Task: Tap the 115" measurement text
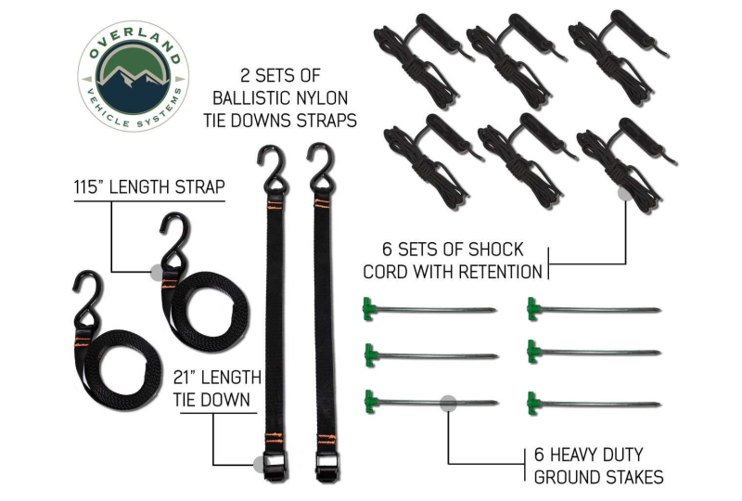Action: point(88,187)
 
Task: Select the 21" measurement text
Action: point(184,378)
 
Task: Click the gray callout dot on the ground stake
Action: point(449,404)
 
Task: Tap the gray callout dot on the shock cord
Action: point(625,192)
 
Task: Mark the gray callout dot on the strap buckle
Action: point(260,465)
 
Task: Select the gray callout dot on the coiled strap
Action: point(156,272)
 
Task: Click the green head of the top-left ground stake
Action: point(368,309)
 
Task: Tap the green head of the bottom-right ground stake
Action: point(533,404)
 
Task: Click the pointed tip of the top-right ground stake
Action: point(659,311)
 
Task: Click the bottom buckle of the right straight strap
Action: point(326,467)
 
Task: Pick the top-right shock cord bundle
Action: point(618,57)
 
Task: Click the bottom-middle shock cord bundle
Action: point(526,161)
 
